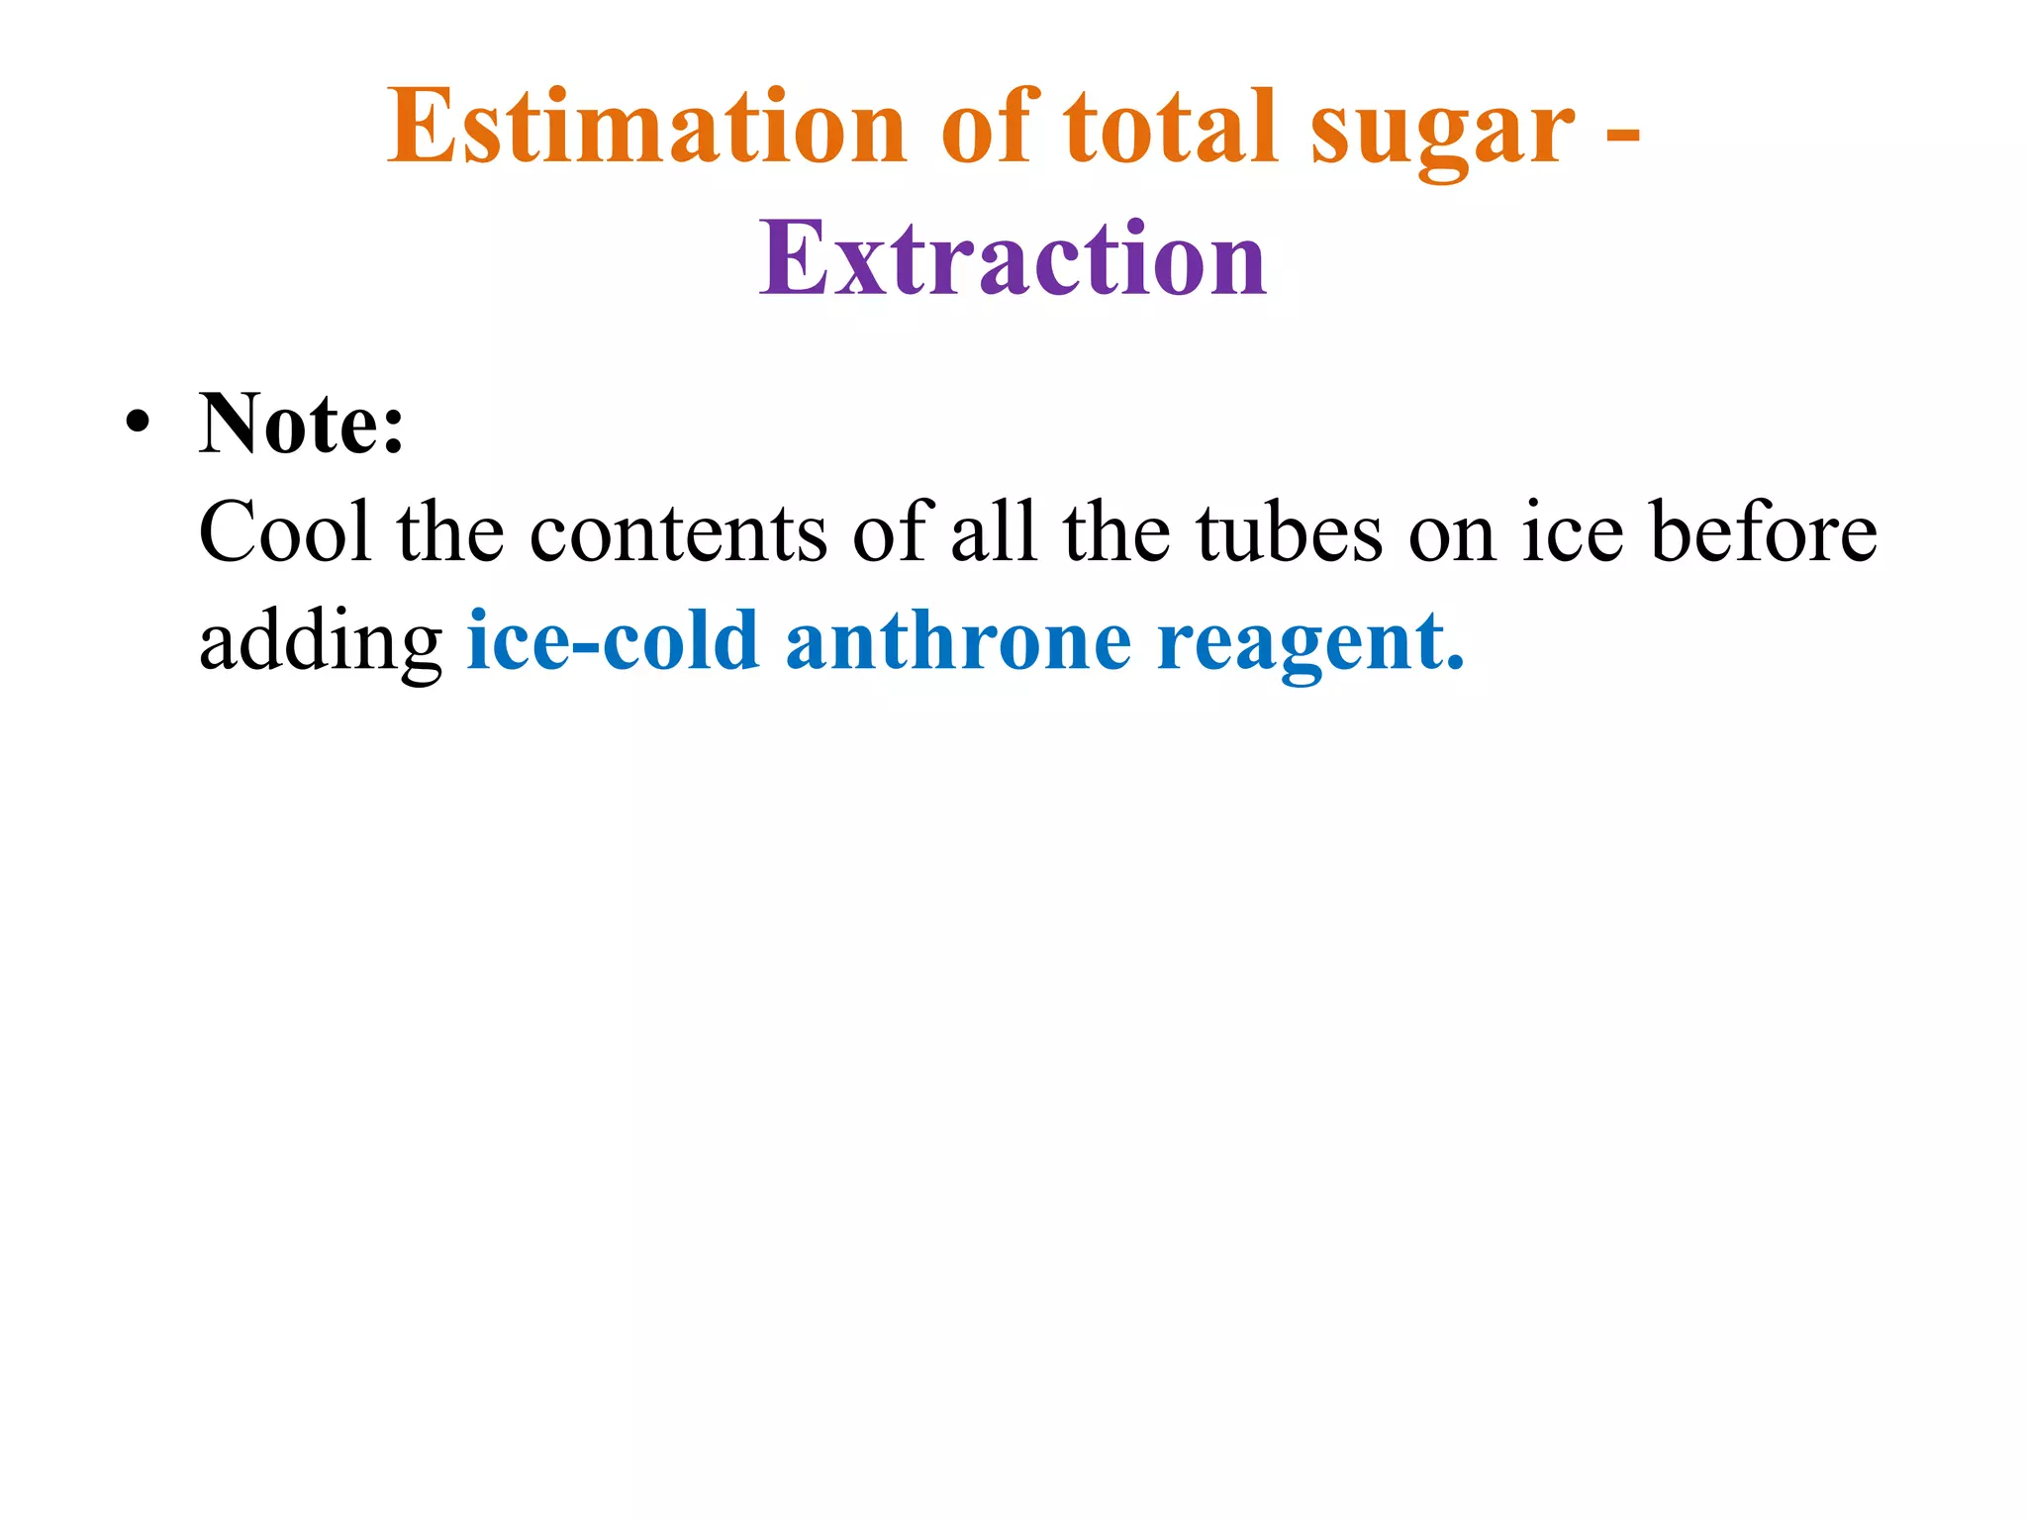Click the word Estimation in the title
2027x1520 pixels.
(646, 129)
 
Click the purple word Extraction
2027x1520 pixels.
(1013, 259)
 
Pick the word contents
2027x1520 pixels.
(678, 534)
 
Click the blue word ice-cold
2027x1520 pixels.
(613, 641)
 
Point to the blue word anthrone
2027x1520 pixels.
(958, 641)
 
